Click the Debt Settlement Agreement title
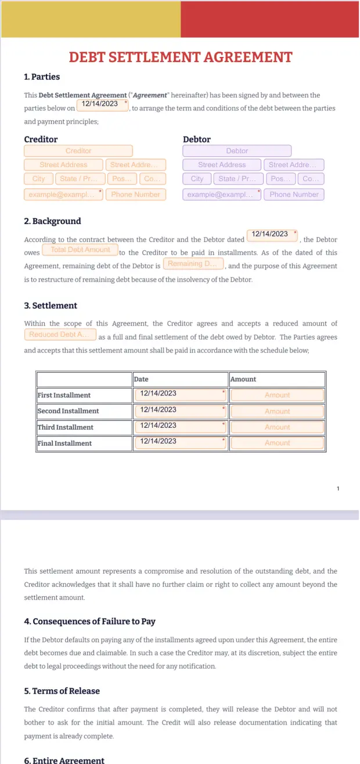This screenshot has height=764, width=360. coord(180,57)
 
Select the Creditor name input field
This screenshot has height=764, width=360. coord(78,151)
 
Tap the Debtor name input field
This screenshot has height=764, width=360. coord(237,151)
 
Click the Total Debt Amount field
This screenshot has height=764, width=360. coord(80,250)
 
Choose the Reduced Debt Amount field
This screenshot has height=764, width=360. coord(60,334)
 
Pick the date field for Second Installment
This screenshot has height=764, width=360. coord(180,410)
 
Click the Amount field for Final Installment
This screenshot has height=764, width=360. coord(277,443)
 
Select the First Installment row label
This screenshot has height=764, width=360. coord(64,395)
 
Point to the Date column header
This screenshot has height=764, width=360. coord(141,379)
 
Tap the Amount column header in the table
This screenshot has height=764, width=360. coord(243,379)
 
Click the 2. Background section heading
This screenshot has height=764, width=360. coord(52,221)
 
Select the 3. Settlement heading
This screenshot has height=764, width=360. coord(51,305)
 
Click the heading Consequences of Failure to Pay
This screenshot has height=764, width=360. coord(89,621)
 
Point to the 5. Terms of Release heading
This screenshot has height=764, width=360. coord(62,691)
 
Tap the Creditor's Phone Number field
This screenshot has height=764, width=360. coord(135,194)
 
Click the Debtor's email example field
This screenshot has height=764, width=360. coord(222,194)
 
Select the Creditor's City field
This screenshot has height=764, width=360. coord(39,179)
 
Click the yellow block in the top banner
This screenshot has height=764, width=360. coord(91,19)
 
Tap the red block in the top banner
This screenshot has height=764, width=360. coord(269,19)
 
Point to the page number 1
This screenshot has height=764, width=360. coord(338,489)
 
